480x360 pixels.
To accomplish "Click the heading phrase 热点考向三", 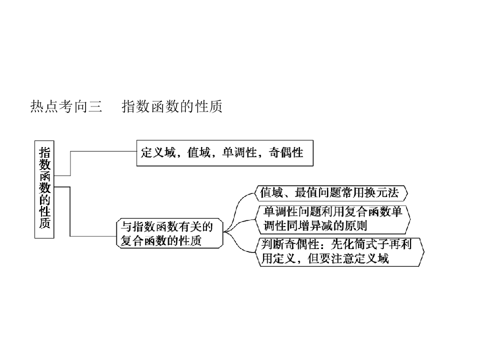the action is coord(66,106).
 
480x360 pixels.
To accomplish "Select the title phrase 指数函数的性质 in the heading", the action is coord(172,106).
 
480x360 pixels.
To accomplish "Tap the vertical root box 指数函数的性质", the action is coord(44,189).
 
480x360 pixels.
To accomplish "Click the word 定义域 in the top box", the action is coord(158,152).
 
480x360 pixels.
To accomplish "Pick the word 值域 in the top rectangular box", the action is coord(199,152).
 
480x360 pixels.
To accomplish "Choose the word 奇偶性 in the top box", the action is coord(286,152).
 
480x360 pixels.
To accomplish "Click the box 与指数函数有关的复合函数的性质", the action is coord(170,233).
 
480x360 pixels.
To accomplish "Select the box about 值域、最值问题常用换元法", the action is coord(331,193).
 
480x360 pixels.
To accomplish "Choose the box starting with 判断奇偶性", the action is coord(340,252).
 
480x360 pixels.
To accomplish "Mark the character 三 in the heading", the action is coord(95,106).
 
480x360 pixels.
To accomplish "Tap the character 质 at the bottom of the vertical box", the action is coord(44,222).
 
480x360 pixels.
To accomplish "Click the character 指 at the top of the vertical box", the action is coord(44,153).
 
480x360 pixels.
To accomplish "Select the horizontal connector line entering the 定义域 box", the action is coord(103,151).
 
